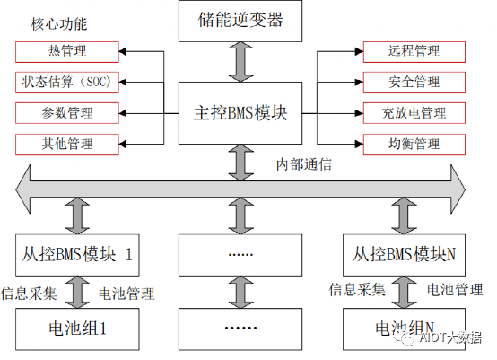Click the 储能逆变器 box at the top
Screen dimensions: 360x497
[238, 20]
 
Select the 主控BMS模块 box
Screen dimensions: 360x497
[238, 113]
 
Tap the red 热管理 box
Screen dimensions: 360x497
[67, 51]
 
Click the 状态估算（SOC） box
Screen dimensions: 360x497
[67, 82]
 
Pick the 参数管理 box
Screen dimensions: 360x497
[67, 113]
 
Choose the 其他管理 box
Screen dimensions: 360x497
[67, 144]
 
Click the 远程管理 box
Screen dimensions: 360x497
[414, 51]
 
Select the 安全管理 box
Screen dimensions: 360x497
[414, 82]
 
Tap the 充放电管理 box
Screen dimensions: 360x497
[414, 113]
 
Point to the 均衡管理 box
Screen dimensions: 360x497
[414, 144]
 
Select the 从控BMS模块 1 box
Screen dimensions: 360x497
[78, 254]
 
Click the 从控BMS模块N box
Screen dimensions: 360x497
[405, 254]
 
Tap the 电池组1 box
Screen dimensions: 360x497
[78, 328]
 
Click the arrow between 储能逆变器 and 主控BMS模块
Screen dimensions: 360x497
[238, 61]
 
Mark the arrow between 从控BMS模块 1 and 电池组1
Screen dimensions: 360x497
[78, 291]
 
